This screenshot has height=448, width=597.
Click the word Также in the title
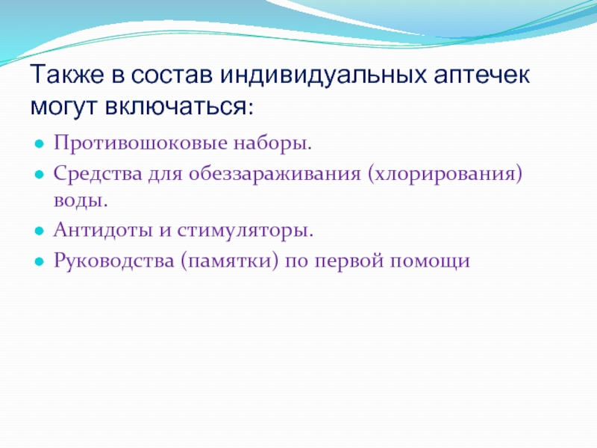click(x=67, y=74)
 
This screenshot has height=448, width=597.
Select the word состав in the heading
click(x=172, y=75)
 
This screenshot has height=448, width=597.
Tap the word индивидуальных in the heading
click(x=323, y=75)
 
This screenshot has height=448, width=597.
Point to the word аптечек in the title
click(x=481, y=75)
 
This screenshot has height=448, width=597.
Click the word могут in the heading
click(x=63, y=107)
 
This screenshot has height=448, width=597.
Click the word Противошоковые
click(x=140, y=143)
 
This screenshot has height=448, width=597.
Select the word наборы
click(x=272, y=144)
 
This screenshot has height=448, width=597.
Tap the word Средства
click(x=98, y=174)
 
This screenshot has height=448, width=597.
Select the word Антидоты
click(x=103, y=230)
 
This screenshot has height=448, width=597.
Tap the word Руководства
click(x=113, y=261)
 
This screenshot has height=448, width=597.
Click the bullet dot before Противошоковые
click(x=40, y=144)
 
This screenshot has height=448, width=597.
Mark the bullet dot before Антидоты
click(x=40, y=231)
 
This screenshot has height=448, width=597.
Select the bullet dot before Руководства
click(x=40, y=262)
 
